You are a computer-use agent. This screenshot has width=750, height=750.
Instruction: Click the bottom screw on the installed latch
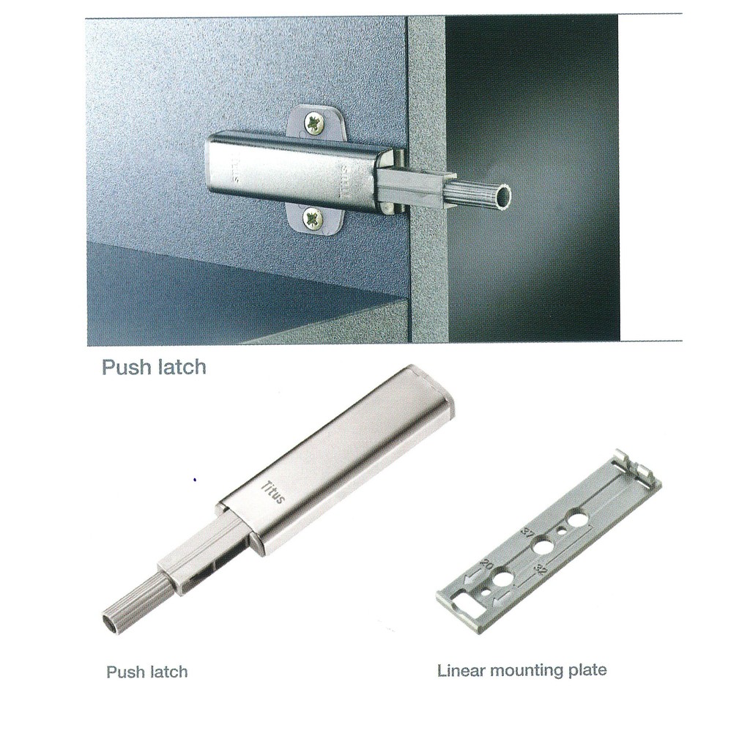[x=313, y=220]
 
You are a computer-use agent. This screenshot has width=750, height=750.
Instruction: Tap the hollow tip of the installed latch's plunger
[x=502, y=196]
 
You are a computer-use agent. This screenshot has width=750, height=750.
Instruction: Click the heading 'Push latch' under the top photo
[x=154, y=367]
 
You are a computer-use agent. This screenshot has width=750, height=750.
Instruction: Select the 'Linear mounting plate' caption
[x=521, y=669]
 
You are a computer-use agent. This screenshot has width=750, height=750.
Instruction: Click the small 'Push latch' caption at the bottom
[x=146, y=672]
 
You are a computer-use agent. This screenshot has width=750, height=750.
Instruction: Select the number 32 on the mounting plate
[x=541, y=569]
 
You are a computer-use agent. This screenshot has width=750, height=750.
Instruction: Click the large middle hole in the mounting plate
[x=543, y=546]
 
